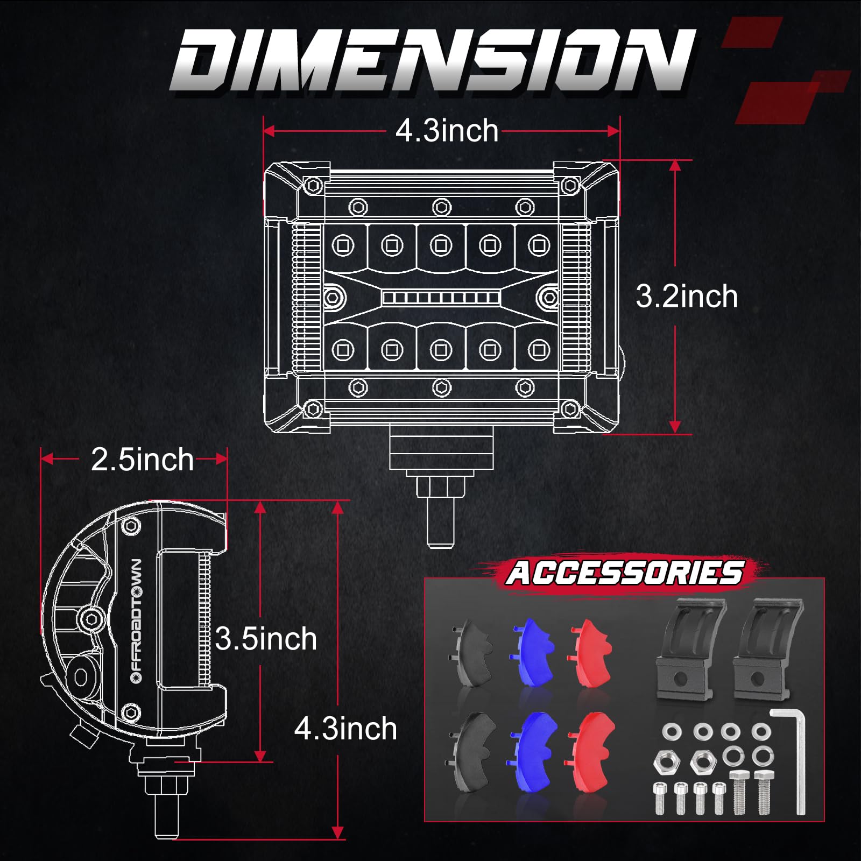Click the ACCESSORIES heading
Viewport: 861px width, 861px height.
point(624,573)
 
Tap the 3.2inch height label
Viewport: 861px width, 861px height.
point(686,297)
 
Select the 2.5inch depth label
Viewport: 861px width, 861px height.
point(142,460)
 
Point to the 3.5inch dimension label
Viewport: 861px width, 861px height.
point(266,639)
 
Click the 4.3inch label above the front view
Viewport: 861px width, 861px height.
point(447,131)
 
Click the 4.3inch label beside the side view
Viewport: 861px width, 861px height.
point(345,729)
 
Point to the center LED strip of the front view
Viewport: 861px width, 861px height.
point(441,298)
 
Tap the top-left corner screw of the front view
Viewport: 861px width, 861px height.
point(313,186)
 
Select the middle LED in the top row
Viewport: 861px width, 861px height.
point(441,246)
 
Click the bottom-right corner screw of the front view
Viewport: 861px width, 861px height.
point(570,410)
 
